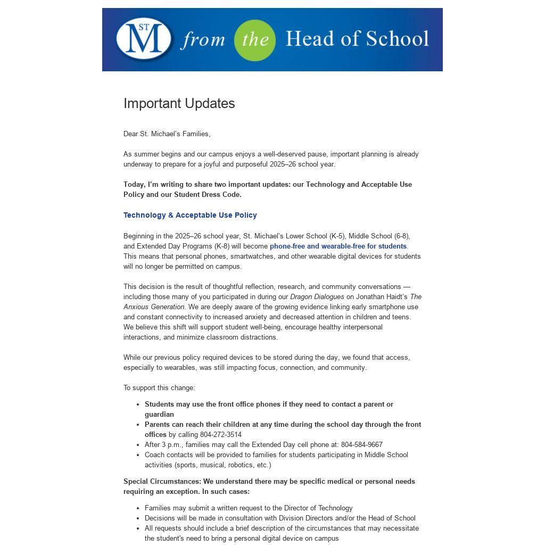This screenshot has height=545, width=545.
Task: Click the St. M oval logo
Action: pos(144,39)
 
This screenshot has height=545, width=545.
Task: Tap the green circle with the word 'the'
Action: pos(255,40)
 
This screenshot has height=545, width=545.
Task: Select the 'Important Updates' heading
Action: pos(179,103)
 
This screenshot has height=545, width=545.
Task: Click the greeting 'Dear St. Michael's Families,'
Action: pos(167,134)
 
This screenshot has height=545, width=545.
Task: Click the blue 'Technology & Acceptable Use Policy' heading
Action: pos(190,215)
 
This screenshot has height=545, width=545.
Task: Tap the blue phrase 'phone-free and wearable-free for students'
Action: pos(338,246)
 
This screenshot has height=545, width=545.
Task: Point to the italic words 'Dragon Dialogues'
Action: pos(317,296)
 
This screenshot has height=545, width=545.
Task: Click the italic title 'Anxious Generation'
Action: pos(154,307)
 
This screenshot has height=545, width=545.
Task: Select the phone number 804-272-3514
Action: pos(221,434)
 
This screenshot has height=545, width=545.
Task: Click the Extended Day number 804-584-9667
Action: pos(361,444)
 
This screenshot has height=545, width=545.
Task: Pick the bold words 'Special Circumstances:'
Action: pos(162,481)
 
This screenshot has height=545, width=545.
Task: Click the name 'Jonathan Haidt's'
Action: pos(382,296)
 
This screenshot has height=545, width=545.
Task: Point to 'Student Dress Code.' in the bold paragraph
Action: pos(208,194)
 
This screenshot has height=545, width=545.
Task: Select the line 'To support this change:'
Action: pos(159,387)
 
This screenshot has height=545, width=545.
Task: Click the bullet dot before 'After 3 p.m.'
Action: pos(138,445)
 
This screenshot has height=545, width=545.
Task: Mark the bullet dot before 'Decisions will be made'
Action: pos(138,518)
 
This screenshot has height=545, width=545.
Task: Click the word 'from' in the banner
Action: pos(202,40)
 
